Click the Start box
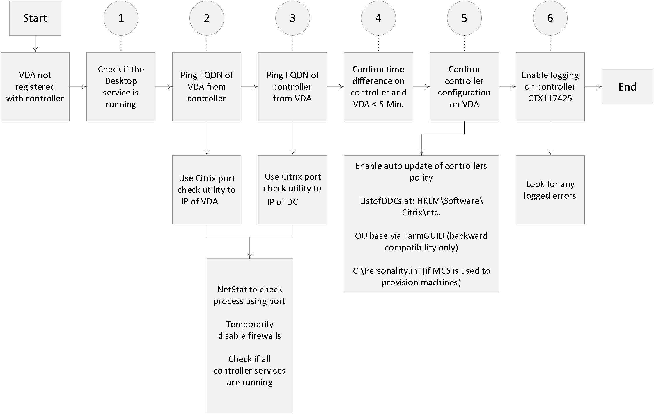(x=35, y=18)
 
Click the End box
(x=627, y=87)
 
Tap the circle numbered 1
(x=121, y=18)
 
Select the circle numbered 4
(x=378, y=18)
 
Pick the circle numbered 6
(x=550, y=18)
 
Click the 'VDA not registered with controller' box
(x=35, y=87)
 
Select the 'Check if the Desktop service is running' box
(x=121, y=87)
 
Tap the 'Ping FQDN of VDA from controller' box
(x=207, y=87)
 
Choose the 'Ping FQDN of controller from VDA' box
(x=293, y=87)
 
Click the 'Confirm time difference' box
(x=378, y=87)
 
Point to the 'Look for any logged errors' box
(x=550, y=190)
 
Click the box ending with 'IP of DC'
(x=293, y=190)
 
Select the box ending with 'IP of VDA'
(x=207, y=190)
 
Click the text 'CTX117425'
(x=550, y=98)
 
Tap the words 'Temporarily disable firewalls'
(x=249, y=330)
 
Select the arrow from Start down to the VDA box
(x=35, y=44)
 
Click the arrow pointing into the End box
(x=593, y=87)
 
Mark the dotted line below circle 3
(x=293, y=44)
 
